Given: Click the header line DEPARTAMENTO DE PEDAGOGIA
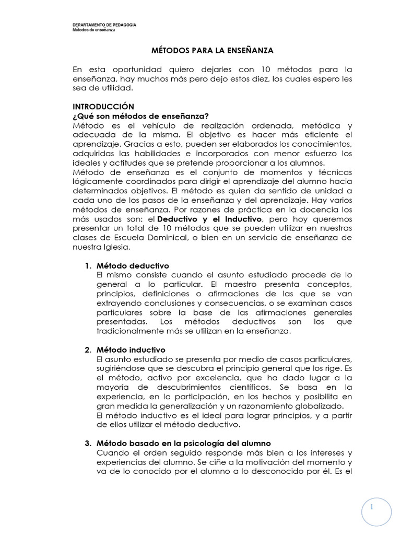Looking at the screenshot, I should click(x=104, y=25).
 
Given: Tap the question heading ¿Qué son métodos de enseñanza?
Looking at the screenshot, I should click(x=140, y=116).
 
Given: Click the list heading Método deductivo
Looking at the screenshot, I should click(x=133, y=265).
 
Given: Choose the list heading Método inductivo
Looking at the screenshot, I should click(x=131, y=349).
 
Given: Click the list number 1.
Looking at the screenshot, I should click(x=88, y=265).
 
